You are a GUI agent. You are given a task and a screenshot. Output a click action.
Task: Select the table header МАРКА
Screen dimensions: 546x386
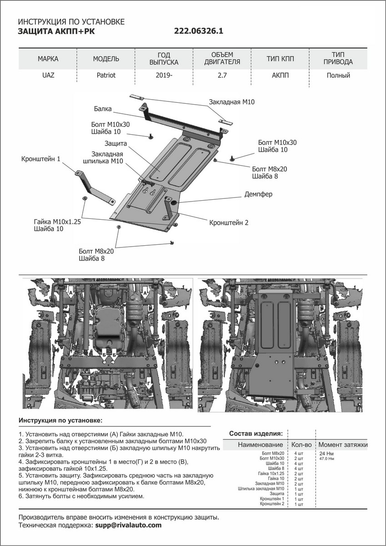click(x=48, y=59)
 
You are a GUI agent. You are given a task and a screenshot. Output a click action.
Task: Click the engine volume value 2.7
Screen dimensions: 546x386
click(x=222, y=76)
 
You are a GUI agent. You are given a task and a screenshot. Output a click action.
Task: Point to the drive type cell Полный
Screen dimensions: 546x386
click(x=338, y=76)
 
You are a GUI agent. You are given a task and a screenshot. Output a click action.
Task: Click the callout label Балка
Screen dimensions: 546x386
click(x=103, y=109)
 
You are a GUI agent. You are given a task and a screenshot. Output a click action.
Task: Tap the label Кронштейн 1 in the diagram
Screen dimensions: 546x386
click(x=40, y=159)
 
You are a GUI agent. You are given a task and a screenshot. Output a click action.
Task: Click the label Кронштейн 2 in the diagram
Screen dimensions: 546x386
click(x=229, y=223)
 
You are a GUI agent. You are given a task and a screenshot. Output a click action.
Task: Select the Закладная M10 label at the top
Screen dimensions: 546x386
click(x=231, y=103)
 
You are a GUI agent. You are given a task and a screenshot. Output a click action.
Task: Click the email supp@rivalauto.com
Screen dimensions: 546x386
click(x=128, y=525)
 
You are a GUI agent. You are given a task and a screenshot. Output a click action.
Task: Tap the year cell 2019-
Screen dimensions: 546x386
click(x=164, y=76)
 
